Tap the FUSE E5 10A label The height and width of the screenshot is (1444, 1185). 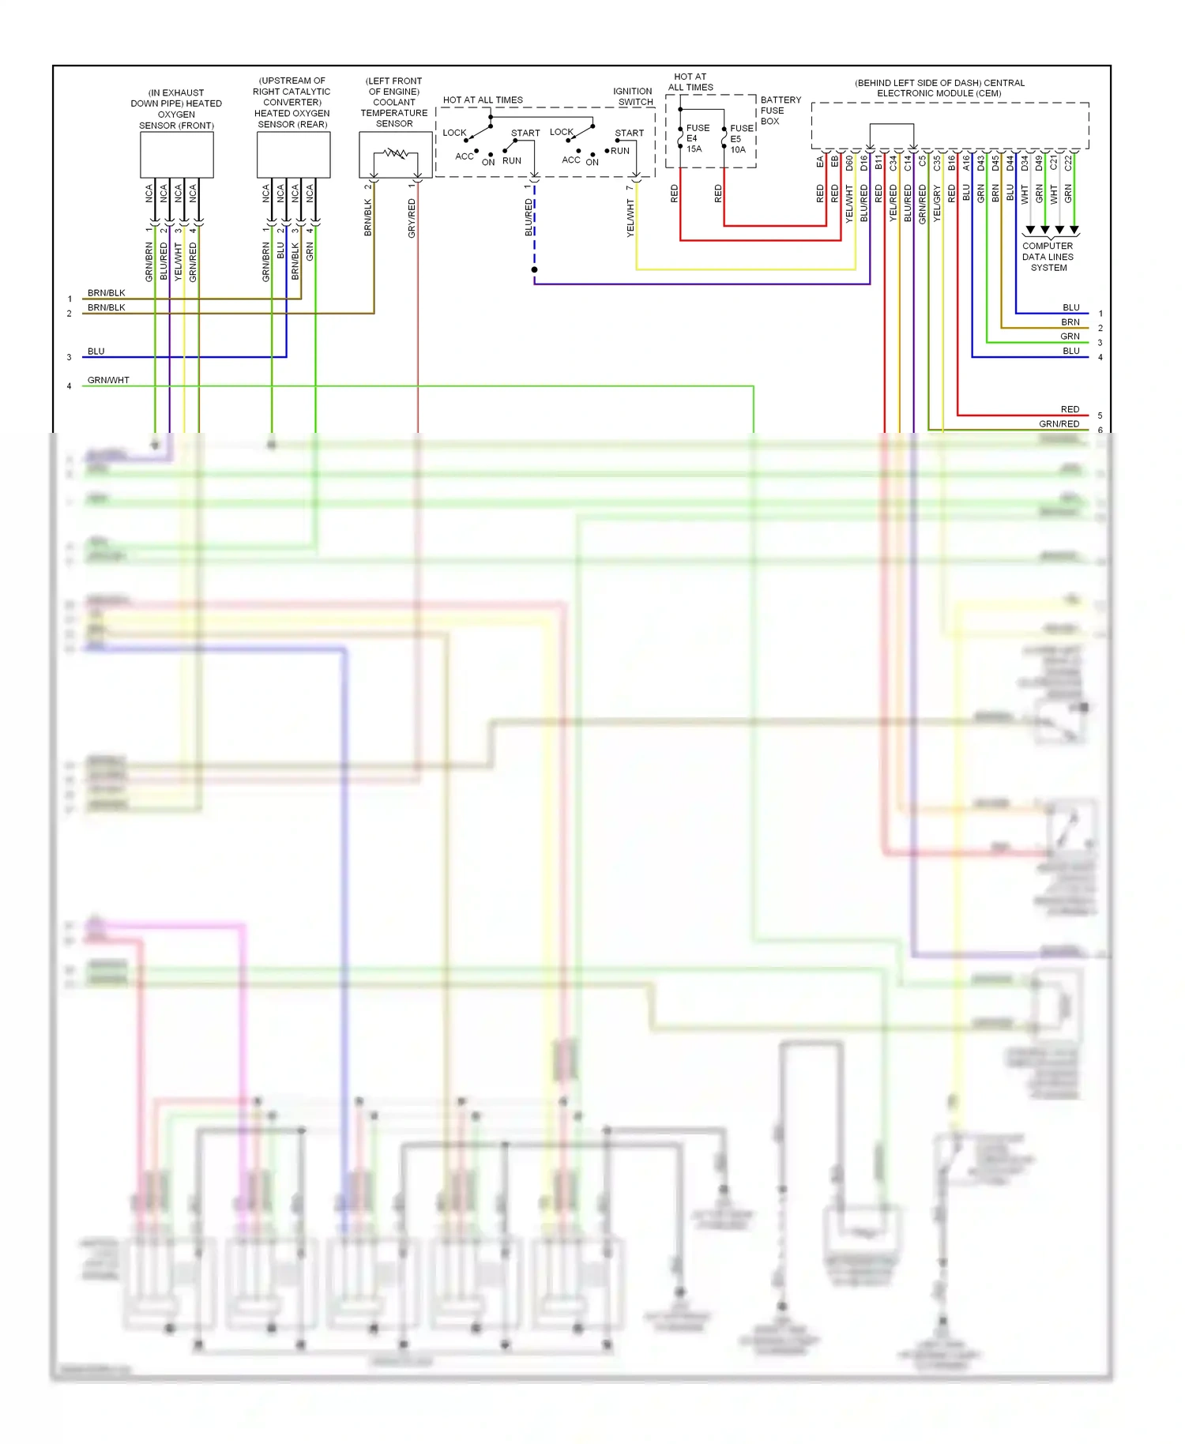click(x=741, y=139)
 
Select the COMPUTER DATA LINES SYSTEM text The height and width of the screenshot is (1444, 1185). click(x=1048, y=257)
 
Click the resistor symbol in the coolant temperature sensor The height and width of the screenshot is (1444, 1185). click(x=395, y=153)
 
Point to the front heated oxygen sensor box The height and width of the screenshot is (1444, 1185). click(x=176, y=155)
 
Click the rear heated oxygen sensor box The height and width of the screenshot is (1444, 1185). click(x=293, y=155)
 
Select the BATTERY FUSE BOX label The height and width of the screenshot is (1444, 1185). click(x=780, y=111)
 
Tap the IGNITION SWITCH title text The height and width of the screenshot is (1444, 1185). click(x=634, y=96)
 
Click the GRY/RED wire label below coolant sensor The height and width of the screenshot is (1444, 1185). click(x=412, y=218)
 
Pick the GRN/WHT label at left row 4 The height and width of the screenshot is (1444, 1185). click(x=108, y=380)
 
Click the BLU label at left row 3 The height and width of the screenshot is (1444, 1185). click(x=96, y=352)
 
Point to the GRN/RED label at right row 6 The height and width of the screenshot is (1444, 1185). click(x=1059, y=424)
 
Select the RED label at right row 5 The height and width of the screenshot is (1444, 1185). click(x=1070, y=409)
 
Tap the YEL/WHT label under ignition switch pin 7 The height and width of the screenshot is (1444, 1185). click(x=630, y=218)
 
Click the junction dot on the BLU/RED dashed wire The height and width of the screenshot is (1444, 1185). click(x=535, y=270)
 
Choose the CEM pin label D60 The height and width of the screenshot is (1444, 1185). click(x=849, y=163)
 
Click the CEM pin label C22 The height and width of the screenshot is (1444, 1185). click(x=1068, y=163)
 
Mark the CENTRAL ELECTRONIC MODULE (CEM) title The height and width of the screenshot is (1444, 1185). click(x=939, y=88)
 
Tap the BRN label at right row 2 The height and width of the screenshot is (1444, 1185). click(x=1070, y=322)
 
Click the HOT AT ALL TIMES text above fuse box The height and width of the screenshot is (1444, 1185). click(x=690, y=82)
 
